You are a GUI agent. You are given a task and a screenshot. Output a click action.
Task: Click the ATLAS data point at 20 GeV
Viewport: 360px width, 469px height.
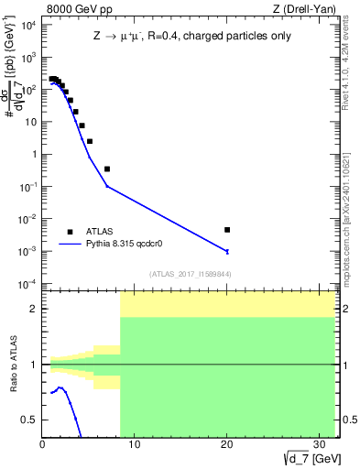[227, 230]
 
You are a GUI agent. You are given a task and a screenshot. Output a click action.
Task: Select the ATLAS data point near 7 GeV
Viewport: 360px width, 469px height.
[107, 169]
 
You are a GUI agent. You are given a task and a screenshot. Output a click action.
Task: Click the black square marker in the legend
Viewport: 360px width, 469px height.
[70, 232]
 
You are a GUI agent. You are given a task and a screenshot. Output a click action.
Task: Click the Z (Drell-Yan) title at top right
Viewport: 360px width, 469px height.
[309, 8]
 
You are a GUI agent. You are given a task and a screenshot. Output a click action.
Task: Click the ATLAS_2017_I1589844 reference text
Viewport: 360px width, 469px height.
[191, 274]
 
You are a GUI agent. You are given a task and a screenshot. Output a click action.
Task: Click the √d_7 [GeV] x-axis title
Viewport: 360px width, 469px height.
[308, 457]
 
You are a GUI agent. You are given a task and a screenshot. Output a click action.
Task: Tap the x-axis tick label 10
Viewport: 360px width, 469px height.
[135, 445]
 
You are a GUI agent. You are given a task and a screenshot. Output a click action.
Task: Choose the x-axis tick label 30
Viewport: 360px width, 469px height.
[320, 445]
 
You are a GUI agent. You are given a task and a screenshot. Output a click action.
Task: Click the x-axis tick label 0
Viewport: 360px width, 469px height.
[43, 445]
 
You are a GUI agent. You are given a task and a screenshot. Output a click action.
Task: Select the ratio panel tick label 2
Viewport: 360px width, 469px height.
[34, 309]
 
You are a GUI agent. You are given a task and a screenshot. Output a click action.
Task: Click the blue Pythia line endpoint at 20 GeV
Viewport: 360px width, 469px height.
[227, 251]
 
